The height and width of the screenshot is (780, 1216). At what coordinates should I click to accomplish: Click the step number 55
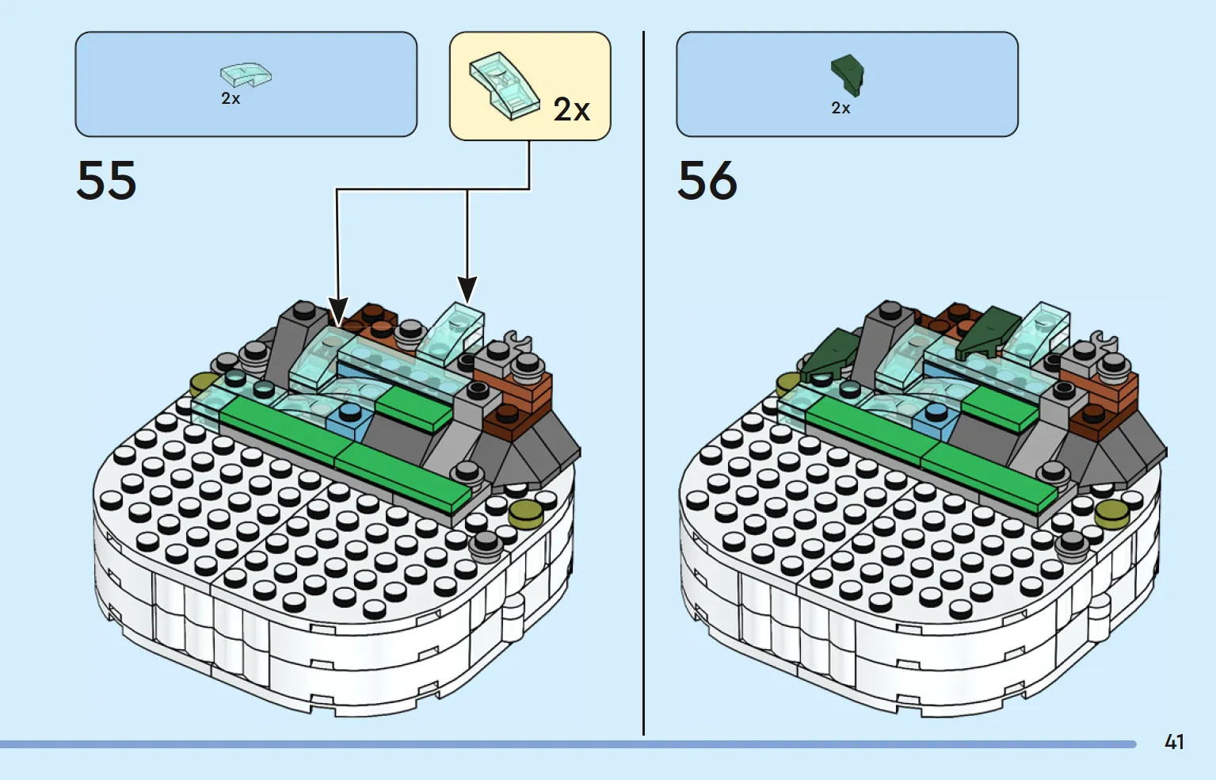point(106,180)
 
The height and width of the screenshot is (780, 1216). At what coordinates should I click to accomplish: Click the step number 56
point(707,180)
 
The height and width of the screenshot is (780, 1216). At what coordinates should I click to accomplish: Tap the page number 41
point(1174,742)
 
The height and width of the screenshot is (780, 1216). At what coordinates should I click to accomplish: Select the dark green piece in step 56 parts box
point(848,75)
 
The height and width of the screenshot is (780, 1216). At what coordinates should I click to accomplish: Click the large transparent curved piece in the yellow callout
point(504,86)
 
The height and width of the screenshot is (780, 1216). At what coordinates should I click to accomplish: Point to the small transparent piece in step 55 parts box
point(246,75)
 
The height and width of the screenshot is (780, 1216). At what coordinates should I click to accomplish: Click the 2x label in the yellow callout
point(572,109)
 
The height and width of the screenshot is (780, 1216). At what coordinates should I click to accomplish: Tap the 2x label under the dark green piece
point(841,108)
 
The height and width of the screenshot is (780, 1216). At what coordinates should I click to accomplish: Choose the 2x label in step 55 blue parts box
point(231,98)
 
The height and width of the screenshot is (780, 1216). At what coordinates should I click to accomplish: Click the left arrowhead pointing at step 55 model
point(337,312)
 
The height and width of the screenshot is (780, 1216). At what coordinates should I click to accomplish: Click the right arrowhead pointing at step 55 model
point(467,289)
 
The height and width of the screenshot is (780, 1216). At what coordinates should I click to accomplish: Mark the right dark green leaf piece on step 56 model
point(988,332)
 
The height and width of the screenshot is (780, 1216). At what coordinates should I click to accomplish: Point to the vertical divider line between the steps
point(644,383)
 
